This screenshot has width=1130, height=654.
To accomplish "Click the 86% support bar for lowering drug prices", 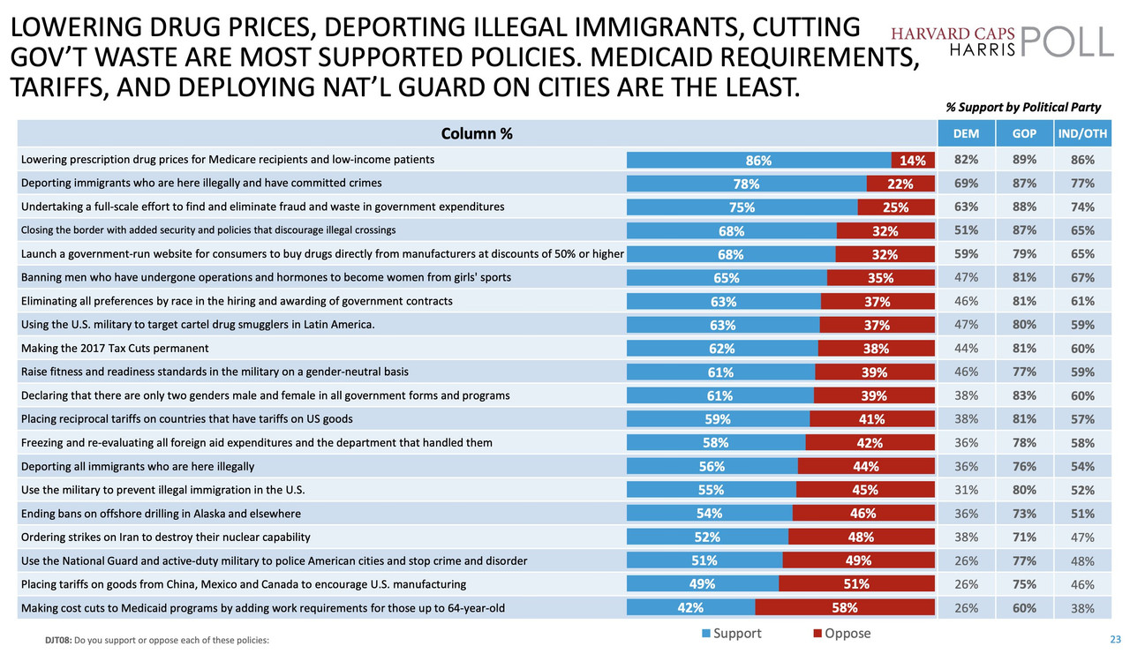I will click(x=758, y=161).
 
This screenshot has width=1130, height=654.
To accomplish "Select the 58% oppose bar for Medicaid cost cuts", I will click(x=845, y=607).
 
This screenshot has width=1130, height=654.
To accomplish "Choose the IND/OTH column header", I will click(x=1083, y=134).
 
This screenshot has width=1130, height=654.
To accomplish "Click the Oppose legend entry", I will click(x=842, y=634).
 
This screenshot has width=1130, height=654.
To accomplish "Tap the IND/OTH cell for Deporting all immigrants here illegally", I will click(x=1083, y=466).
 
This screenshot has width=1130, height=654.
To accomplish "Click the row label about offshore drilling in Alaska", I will click(x=161, y=514).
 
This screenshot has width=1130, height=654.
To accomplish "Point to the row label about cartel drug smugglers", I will click(x=198, y=325).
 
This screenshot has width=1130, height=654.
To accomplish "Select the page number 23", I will click(x=1115, y=639).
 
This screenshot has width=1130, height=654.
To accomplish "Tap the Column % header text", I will click(x=477, y=134).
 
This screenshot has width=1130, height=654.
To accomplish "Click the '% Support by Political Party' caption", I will click(x=1023, y=108).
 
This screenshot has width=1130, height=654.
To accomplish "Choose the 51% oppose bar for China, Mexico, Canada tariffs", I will click(x=856, y=583).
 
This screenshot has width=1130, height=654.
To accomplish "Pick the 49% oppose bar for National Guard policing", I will click(x=858, y=560).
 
